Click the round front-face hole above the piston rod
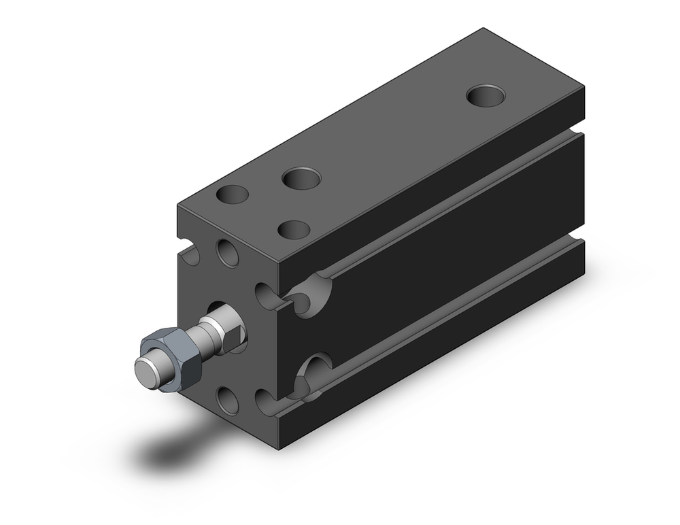(227, 252)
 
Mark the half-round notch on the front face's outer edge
(190, 252)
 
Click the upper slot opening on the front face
(267, 294)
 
